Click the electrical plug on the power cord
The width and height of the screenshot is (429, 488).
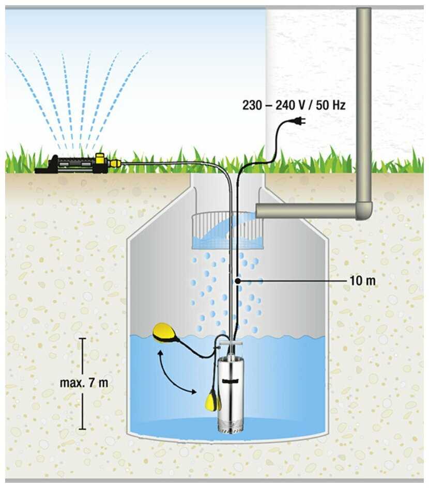tap(299, 121)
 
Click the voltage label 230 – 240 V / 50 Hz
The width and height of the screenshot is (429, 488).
tap(294, 105)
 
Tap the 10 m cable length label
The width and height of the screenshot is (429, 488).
tap(362, 281)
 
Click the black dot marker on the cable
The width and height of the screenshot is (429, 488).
tap(237, 281)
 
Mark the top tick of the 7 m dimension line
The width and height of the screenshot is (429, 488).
tap(83, 339)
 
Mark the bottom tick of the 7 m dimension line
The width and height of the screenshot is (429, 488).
tap(83, 429)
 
